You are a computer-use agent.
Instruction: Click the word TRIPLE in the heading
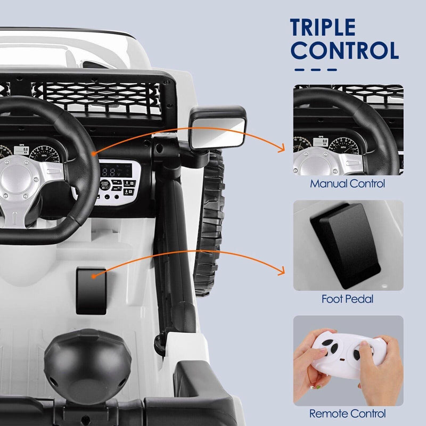323,28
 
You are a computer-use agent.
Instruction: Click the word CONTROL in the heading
345,50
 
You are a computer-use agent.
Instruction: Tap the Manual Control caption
348,184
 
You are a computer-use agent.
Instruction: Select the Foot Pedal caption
347,299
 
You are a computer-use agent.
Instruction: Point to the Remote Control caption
348,413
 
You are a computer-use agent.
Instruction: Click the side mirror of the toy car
218,128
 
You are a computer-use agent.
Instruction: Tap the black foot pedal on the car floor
91,290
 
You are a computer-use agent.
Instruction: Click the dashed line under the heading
316,69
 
